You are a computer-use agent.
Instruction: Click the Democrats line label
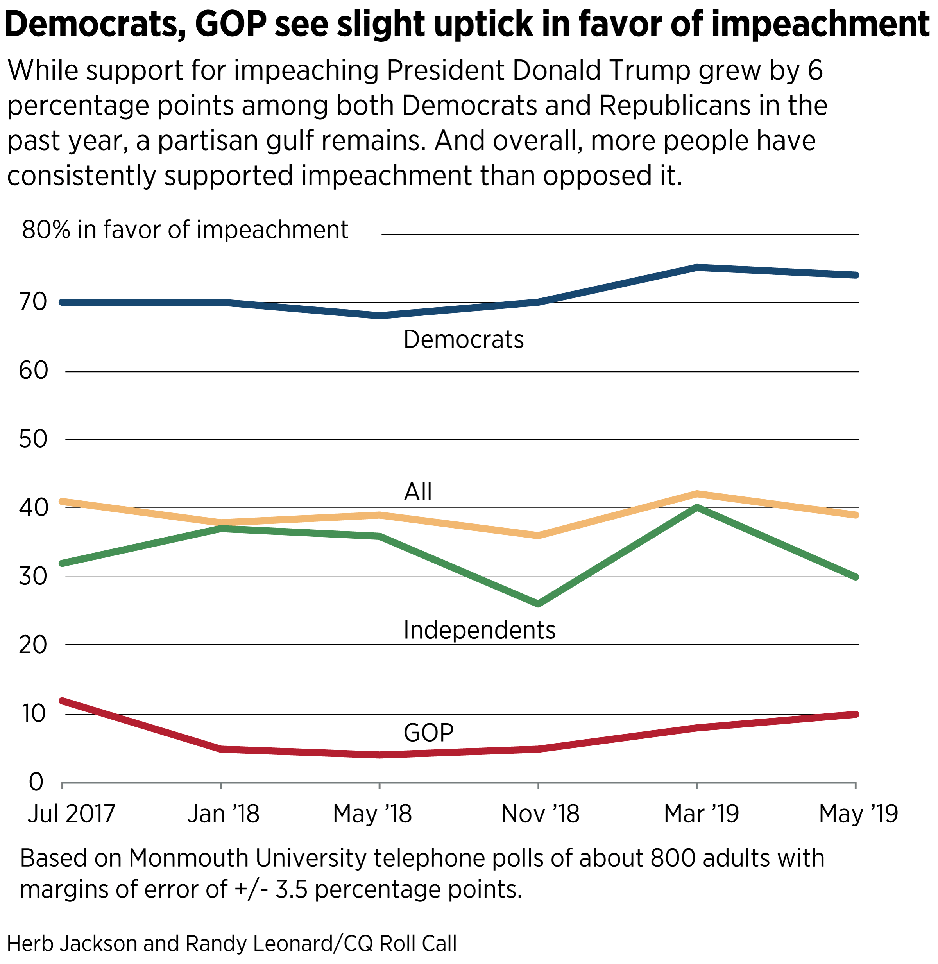pos(463,340)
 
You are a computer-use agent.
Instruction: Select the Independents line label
pos(479,630)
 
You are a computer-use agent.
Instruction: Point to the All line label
pos(418,491)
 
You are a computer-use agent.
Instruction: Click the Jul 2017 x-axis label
pos(72,813)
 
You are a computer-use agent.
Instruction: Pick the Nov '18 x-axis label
pos(540,813)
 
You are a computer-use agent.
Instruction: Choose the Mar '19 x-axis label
pos(701,813)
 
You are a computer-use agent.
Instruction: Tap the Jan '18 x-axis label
pos(223,813)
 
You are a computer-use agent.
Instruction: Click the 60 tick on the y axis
pos(34,371)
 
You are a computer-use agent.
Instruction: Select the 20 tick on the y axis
pos(34,645)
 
